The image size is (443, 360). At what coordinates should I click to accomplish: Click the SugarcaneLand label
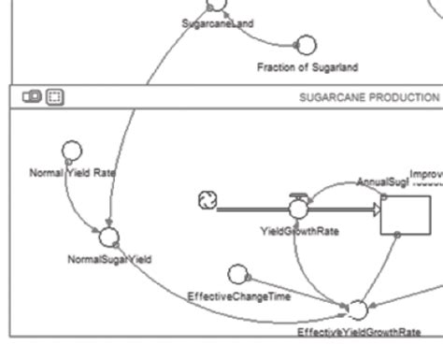click(x=218, y=22)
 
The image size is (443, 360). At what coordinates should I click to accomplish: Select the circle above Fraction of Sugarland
click(x=306, y=45)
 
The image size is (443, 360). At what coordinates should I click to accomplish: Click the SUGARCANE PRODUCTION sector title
click(x=368, y=96)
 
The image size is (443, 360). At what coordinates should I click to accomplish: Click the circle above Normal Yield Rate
click(x=71, y=150)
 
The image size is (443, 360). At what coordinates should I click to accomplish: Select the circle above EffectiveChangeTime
click(x=238, y=273)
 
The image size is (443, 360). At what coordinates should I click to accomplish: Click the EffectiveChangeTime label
click(x=239, y=296)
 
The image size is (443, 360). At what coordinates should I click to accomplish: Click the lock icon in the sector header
click(x=31, y=96)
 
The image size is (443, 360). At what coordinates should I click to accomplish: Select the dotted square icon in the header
click(x=54, y=96)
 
